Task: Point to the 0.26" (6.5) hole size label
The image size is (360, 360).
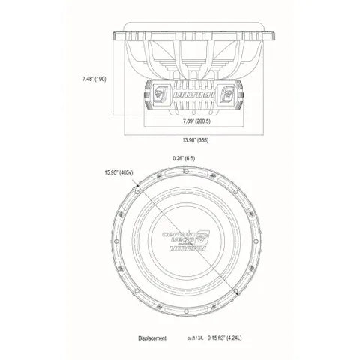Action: point(184,158)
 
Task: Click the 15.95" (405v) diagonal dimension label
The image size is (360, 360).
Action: point(119,172)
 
